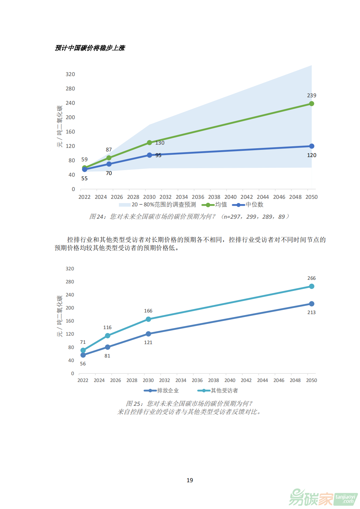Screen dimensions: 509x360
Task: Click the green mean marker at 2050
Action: point(311,103)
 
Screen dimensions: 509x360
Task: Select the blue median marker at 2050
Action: point(311,146)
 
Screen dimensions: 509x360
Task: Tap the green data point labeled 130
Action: point(149,143)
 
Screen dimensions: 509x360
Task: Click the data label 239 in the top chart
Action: point(311,95)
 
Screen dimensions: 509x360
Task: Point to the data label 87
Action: point(109,150)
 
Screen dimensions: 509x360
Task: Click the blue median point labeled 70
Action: point(109,164)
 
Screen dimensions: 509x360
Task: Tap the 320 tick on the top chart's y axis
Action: point(70,74)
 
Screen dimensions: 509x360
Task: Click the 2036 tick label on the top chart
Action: point(198,197)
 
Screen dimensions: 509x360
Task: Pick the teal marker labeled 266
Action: point(311,286)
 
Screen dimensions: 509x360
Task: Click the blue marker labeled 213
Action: point(311,304)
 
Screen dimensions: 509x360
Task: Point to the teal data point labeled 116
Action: point(107,336)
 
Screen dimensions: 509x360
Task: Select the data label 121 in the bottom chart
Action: point(148,342)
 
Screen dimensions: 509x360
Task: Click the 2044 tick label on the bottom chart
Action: point(262,380)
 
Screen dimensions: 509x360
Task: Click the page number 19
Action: point(190,480)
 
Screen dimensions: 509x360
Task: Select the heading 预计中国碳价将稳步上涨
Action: point(90,48)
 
